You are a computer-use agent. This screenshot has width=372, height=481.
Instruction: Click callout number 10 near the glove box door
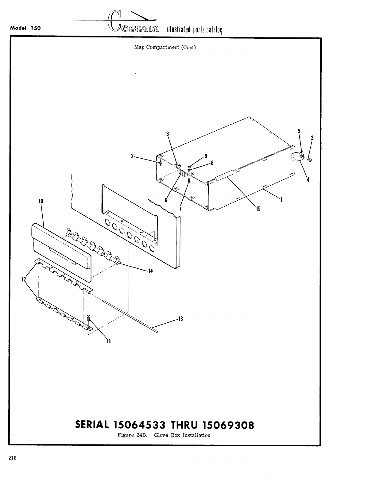pos(41,202)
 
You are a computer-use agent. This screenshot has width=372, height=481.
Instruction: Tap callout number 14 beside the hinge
pos(150,271)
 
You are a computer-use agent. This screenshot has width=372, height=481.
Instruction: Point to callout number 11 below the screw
pos(108,341)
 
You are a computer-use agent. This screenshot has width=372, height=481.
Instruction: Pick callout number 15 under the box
pos(258,209)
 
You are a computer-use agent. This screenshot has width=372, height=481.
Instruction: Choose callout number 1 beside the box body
pos(281,200)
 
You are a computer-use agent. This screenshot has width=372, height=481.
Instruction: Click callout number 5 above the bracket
pos(299,131)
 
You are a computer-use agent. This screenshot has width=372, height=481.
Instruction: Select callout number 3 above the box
pos(168,134)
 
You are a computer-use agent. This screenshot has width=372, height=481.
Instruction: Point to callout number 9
pos(206,155)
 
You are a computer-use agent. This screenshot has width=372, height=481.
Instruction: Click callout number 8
pos(212,163)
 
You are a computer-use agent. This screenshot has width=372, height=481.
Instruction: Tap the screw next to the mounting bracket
pos(309,159)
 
